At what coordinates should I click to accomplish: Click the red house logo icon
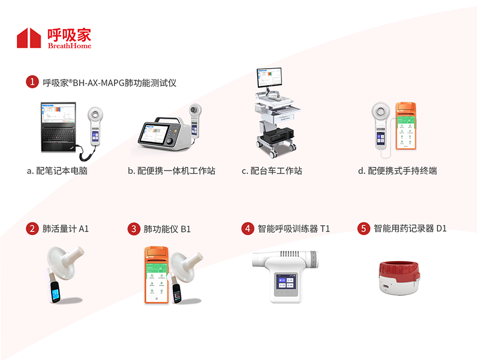pos(29,38)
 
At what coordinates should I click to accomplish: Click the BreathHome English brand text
pos(69,46)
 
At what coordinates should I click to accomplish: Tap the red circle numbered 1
pos(32,82)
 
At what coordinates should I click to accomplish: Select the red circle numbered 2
pos(32,229)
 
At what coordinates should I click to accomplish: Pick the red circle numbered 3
pos(134,229)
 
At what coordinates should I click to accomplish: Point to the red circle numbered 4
pos(248,229)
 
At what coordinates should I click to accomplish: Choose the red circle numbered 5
pos(364,229)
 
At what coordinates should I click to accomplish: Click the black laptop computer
pos(58,127)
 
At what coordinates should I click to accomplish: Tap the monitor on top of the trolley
pos(269,77)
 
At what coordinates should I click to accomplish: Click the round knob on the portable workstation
pos(169,141)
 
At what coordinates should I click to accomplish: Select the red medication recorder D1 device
pos(399,277)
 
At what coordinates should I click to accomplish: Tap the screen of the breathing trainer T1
pos(286,282)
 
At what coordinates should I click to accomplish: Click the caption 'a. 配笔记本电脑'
pos(57,171)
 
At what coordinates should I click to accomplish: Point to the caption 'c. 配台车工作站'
pos(272,171)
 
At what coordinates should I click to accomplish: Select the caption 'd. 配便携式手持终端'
pos(397,171)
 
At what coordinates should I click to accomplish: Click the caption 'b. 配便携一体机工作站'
pos(172,171)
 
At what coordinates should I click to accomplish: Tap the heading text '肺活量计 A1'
pos(65,229)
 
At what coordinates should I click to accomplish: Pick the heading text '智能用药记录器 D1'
pos(410,229)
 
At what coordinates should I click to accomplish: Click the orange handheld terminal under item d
pos(406,126)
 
